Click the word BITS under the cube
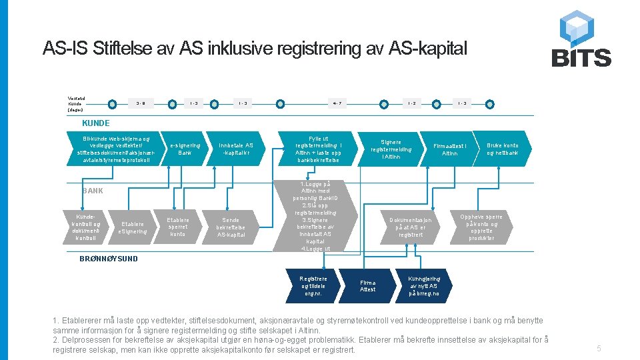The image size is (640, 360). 581,58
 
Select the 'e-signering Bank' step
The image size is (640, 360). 185,149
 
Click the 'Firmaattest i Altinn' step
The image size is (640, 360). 450,149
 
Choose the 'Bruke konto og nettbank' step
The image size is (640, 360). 502,149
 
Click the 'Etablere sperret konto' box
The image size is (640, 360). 178,227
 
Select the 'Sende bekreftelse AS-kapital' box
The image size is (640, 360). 231,227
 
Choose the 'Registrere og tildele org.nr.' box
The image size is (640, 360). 313,285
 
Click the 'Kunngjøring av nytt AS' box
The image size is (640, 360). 424,285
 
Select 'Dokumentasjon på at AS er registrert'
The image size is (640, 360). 410,227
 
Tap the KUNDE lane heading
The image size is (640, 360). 96,123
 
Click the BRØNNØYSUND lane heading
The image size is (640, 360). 108,258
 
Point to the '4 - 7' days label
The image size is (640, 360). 337,103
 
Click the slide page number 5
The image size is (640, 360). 599,348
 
